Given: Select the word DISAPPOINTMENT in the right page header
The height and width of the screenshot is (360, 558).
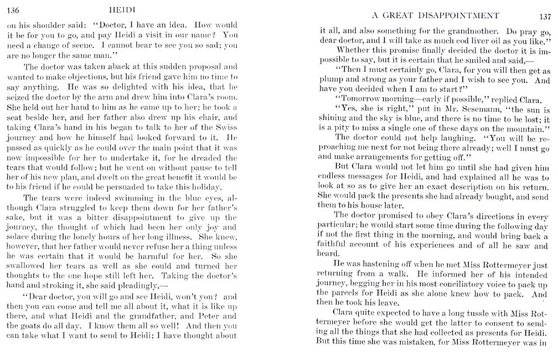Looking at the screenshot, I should click(x=457, y=15).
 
